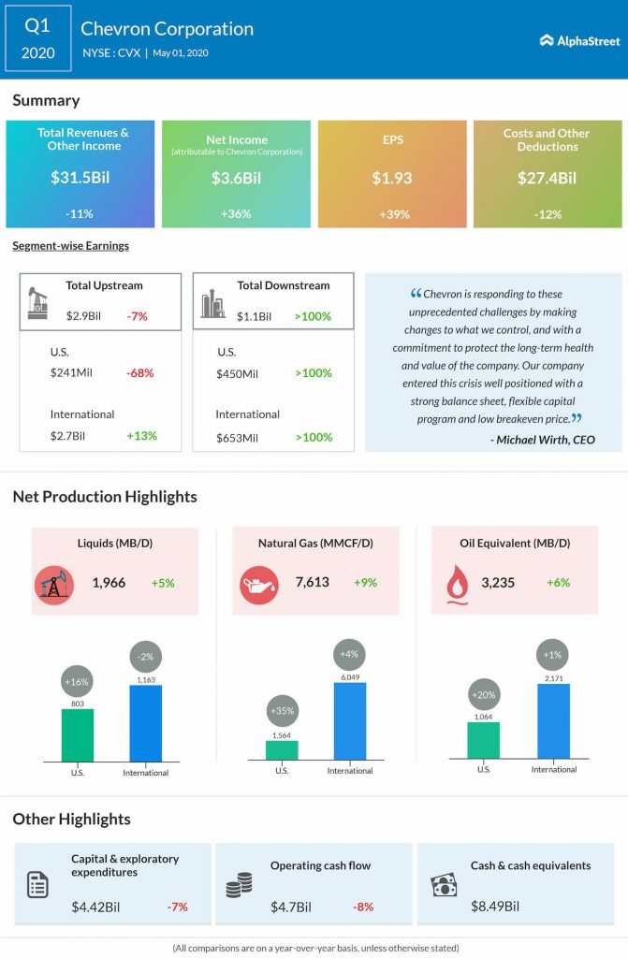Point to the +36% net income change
click(x=235, y=214)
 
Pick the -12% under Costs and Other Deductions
click(x=547, y=214)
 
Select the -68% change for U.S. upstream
click(x=140, y=373)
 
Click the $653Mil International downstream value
click(x=238, y=436)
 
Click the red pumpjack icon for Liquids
click(x=54, y=584)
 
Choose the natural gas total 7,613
click(x=312, y=582)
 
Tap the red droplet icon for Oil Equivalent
click(x=456, y=583)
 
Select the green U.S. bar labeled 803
click(x=78, y=735)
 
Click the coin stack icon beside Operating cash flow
click(x=239, y=885)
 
